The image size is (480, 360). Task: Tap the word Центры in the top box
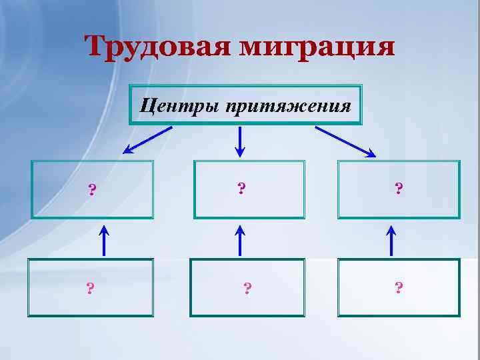click(x=179, y=105)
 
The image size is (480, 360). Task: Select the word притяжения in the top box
click(x=289, y=105)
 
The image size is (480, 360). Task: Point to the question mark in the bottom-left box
click(x=90, y=288)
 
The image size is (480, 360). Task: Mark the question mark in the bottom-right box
click(x=399, y=287)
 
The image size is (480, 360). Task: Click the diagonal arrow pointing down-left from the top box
click(x=148, y=140)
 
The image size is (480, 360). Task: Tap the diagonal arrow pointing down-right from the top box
click(x=345, y=141)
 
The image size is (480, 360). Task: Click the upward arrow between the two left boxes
click(x=103, y=240)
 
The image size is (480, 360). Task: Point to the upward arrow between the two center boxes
click(x=240, y=240)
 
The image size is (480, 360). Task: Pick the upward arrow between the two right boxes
click(x=391, y=240)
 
